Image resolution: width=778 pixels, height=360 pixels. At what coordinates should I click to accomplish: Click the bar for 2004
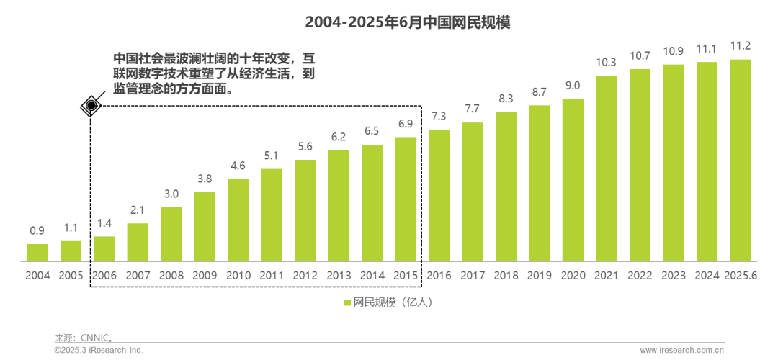[37, 251]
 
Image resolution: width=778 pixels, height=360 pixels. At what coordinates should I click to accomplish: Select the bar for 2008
[171, 233]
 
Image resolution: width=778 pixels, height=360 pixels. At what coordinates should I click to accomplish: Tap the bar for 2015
[406, 198]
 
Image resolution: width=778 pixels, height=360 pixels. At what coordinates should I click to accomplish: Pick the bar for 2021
[607, 167]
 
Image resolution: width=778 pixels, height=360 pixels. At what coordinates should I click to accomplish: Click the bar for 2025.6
[741, 159]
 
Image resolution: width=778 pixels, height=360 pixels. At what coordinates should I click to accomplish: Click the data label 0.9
[37, 231]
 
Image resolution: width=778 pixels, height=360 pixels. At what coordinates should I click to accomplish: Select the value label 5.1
[272, 156]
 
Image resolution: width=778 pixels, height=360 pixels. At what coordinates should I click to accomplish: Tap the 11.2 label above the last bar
[741, 46]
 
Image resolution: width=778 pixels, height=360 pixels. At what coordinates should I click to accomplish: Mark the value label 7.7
[473, 109]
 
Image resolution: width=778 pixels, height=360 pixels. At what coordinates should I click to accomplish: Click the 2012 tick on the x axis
[305, 275]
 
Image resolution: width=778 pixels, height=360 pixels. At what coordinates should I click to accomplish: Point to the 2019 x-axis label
[540, 275]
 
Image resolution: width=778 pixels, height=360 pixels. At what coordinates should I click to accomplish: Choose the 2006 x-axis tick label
[104, 275]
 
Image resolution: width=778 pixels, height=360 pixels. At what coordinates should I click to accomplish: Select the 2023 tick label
[674, 275]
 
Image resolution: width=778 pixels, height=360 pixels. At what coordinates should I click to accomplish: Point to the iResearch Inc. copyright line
[99, 350]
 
